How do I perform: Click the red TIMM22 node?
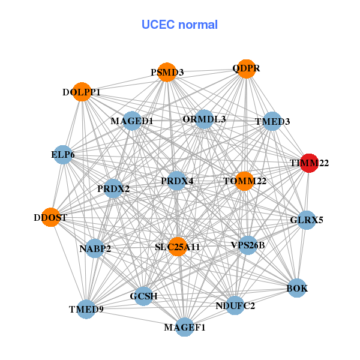[308, 163]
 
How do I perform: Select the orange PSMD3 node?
[167, 72]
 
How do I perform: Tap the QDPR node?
[246, 68]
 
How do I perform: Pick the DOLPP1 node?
[82, 92]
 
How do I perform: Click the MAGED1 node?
[132, 121]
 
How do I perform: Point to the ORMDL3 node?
[205, 119]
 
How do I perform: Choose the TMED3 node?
[272, 121]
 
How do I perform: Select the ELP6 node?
[63, 155]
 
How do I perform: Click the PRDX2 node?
[113, 188]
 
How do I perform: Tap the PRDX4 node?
[177, 181]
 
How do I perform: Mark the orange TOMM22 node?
[244, 181]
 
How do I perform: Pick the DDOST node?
[50, 218]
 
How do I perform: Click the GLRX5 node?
[307, 220]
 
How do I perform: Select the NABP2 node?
[95, 248]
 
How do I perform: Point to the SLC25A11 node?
[177, 246]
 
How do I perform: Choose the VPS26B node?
[248, 245]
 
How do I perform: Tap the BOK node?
[297, 289]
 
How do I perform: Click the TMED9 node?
[86, 309]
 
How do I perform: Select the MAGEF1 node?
[185, 327]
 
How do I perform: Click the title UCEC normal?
[179, 25]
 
